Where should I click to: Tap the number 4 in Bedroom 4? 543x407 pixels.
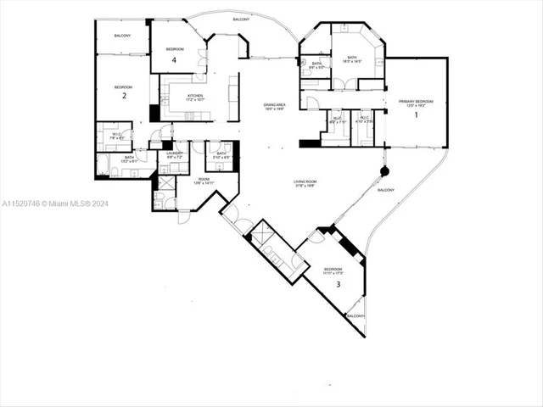(174, 60)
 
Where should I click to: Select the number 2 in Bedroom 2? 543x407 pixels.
(124, 96)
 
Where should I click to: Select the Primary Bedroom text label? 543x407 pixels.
(417, 103)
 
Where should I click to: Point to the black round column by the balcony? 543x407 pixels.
(384, 171)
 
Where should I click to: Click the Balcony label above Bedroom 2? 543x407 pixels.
(123, 36)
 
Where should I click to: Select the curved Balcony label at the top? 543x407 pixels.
(242, 18)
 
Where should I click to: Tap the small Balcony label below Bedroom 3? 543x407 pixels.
(354, 316)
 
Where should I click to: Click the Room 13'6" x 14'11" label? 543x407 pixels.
(204, 181)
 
